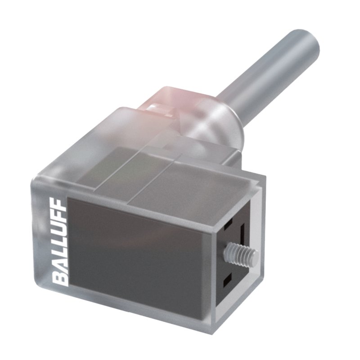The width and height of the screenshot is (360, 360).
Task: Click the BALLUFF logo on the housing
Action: [60, 243]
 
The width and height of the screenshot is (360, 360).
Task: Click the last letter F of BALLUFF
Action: [60, 207]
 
